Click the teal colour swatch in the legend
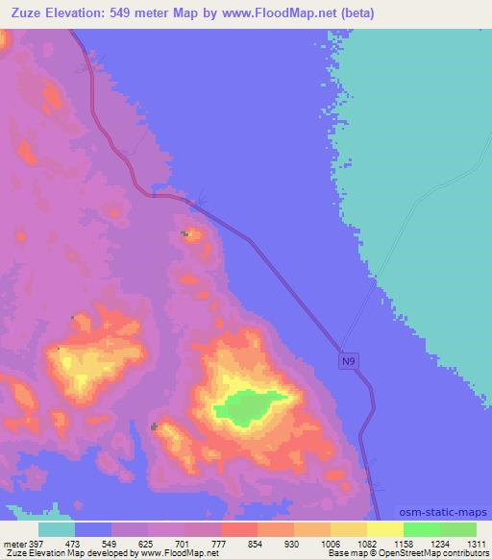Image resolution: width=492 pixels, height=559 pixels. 57,529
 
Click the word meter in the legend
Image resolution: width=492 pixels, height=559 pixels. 15,543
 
